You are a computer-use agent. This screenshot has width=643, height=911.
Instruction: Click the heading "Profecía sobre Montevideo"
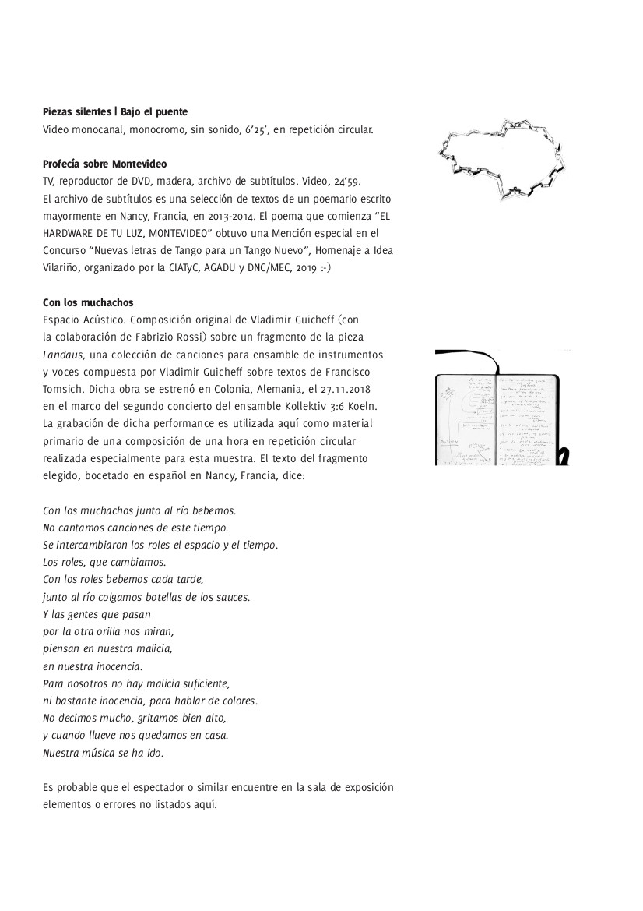(x=105, y=164)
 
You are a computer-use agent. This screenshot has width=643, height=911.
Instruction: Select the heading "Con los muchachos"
(x=85, y=303)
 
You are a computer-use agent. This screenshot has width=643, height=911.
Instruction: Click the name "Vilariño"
(x=64, y=267)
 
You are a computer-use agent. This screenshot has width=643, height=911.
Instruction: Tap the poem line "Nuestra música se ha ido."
(x=104, y=754)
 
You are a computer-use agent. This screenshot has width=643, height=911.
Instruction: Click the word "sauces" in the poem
(x=230, y=597)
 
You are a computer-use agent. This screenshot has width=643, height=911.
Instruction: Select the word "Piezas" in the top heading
(x=59, y=112)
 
